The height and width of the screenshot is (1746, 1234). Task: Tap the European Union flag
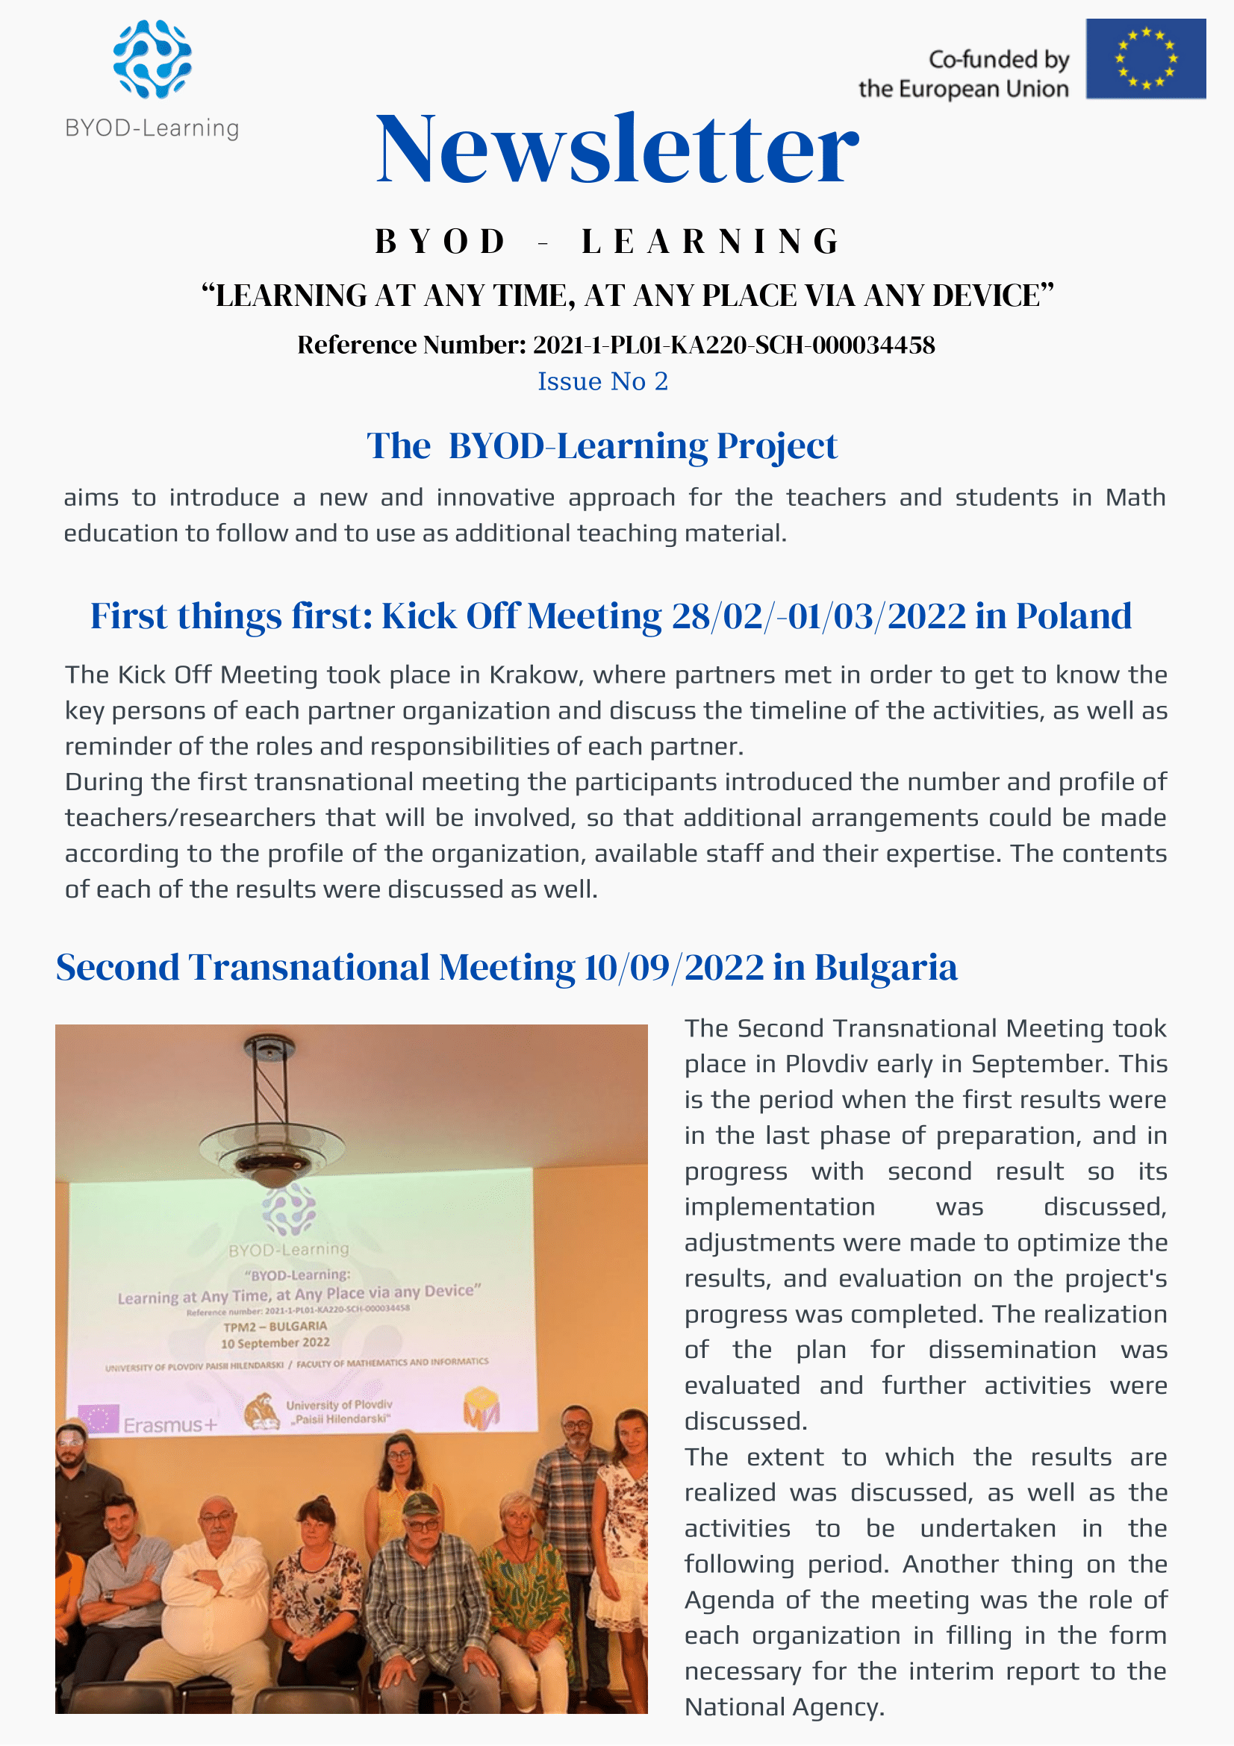pyautogui.click(x=1145, y=58)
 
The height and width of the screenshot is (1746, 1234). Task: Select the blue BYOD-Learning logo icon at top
pyautogui.click(x=152, y=59)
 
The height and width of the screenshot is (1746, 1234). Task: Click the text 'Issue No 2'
pyautogui.click(x=602, y=381)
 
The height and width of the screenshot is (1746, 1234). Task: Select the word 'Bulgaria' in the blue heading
pyautogui.click(x=885, y=967)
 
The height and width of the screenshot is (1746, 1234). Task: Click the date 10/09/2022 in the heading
pyautogui.click(x=673, y=967)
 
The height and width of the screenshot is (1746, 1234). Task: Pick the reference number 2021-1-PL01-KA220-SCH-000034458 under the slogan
pyautogui.click(x=733, y=345)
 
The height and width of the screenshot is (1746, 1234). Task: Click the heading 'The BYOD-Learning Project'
pyautogui.click(x=602, y=445)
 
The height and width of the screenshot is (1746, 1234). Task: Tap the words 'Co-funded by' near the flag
pyautogui.click(x=998, y=59)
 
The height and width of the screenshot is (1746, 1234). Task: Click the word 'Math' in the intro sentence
pyautogui.click(x=1135, y=498)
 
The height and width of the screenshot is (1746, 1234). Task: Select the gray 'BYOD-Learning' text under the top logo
pyautogui.click(x=152, y=128)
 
